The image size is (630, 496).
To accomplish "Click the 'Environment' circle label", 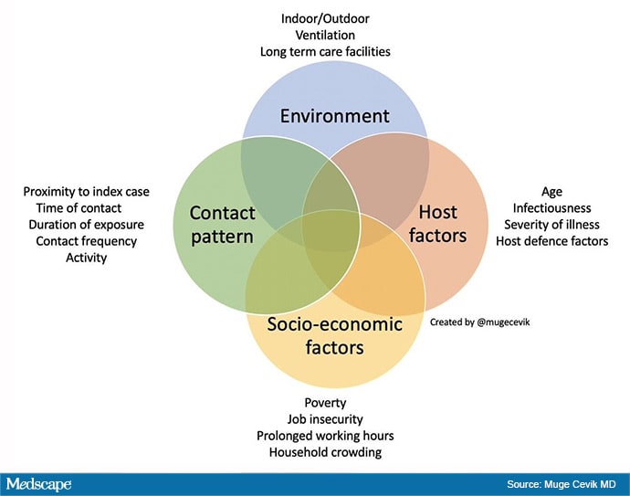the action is [x=334, y=116].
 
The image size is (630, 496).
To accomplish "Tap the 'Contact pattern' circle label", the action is [x=222, y=225].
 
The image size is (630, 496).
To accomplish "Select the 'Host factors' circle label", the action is [x=437, y=224].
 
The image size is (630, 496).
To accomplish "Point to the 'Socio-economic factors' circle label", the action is [x=334, y=335].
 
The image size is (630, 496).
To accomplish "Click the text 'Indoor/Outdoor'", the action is [x=325, y=18].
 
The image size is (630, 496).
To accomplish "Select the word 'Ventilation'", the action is [x=325, y=35].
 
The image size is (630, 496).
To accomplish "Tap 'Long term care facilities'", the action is [x=325, y=51].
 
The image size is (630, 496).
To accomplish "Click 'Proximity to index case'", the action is [x=86, y=192].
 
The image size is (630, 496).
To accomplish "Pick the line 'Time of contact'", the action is [x=79, y=208].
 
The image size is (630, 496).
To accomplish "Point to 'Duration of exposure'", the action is [x=86, y=225].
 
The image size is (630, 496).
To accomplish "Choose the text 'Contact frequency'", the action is [x=86, y=241].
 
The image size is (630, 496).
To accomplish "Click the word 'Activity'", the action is [x=86, y=258].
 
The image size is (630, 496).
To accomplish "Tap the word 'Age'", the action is [x=551, y=192].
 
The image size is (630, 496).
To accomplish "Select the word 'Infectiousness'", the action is [x=551, y=208].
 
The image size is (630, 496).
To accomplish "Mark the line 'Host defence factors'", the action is [x=551, y=241].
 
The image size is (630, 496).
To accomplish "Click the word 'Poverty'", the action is [x=325, y=403].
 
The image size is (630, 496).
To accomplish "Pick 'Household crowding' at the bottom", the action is [x=325, y=452].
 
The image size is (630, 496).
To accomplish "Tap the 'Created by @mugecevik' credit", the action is [x=479, y=322].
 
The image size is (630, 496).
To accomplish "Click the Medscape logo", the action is [x=38, y=484].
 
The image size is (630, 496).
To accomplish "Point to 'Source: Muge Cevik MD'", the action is [x=561, y=484].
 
